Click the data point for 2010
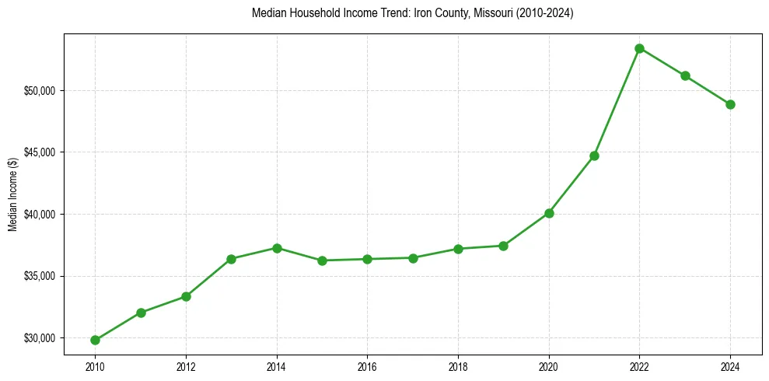click(x=95, y=340)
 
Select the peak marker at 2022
click(x=639, y=48)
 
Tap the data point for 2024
click(x=730, y=104)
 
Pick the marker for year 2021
click(x=594, y=156)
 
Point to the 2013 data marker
click(x=231, y=259)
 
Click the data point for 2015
click(x=322, y=260)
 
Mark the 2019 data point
click(x=503, y=246)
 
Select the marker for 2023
click(x=685, y=75)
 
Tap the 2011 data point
click(x=141, y=313)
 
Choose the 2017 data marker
click(x=413, y=258)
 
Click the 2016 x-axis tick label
click(x=367, y=365)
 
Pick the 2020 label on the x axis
click(x=549, y=365)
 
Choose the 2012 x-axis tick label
click(x=186, y=365)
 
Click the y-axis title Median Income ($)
click(x=12, y=194)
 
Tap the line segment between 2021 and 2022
click(x=617, y=102)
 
